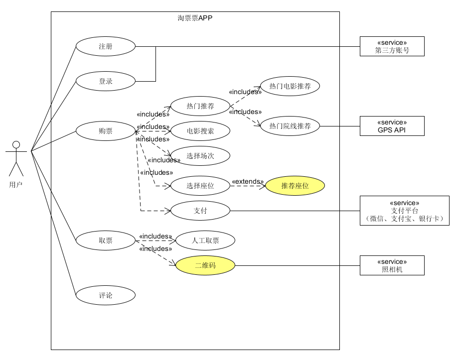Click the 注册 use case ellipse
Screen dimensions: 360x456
coord(106,46)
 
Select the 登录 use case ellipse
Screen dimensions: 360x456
coord(106,81)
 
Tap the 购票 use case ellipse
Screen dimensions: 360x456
coord(106,131)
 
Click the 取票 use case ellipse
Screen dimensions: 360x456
coord(106,240)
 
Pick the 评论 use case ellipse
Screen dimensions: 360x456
coord(106,295)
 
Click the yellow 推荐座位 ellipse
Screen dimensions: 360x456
coord(295,186)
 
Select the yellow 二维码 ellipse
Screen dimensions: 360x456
coord(205,265)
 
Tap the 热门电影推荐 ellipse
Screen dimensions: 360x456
coord(290,86)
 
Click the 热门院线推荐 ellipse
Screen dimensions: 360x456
coord(290,126)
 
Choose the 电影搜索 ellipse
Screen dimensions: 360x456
coord(200,131)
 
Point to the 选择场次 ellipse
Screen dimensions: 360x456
coord(200,156)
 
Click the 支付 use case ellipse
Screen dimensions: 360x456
coord(200,211)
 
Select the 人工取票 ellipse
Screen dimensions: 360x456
coord(205,240)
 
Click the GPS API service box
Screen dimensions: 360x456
coord(392,126)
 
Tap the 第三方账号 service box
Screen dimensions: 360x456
coord(392,46)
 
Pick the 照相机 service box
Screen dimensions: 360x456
coord(392,265)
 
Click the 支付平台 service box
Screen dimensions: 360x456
coord(404,211)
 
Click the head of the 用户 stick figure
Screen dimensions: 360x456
coord(16,145)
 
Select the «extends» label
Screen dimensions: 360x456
coord(248,182)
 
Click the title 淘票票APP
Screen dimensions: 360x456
coord(195,18)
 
